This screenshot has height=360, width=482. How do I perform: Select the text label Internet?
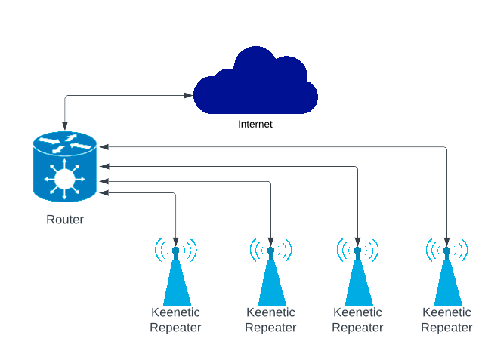pyautogui.click(x=255, y=124)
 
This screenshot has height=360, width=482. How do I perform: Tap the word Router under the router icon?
pyautogui.click(x=65, y=220)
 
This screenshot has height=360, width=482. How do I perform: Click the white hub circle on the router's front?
pyautogui.click(x=64, y=179)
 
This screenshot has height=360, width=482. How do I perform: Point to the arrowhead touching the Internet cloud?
pyautogui.click(x=188, y=96)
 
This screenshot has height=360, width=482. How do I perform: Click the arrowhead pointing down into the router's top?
pyautogui.click(x=65, y=125)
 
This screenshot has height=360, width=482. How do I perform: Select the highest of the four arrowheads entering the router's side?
pyautogui.click(x=104, y=147)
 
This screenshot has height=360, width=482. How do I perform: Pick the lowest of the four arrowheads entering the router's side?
pyautogui.click(x=104, y=193)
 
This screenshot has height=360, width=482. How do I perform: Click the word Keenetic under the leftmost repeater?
pyautogui.click(x=175, y=312)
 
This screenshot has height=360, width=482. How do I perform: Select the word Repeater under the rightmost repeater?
pyautogui.click(x=446, y=328)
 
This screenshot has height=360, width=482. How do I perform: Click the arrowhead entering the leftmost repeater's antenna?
pyautogui.click(x=176, y=242)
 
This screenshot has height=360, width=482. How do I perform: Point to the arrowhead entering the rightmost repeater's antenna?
pyautogui.click(x=447, y=242)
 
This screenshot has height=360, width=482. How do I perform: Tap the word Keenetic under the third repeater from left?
pyautogui.click(x=357, y=312)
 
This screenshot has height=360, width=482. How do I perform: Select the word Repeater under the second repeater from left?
pyautogui.click(x=270, y=328)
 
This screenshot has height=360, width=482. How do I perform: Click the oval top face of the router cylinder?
pyautogui.click(x=65, y=143)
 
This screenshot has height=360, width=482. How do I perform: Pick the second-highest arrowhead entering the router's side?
pyautogui.click(x=104, y=167)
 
